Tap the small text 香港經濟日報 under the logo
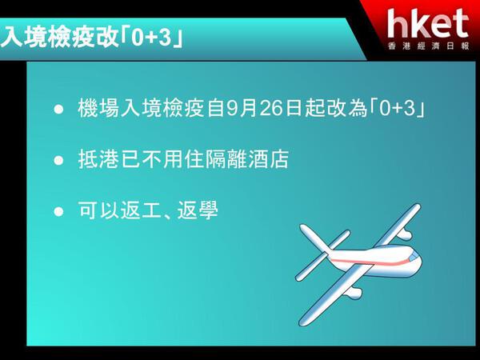(428, 46)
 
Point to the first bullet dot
(58, 110)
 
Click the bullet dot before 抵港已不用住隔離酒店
(58, 160)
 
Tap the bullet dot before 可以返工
(58, 211)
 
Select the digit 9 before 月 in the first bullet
(232, 108)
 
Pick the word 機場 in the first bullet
(98, 108)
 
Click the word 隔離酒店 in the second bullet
(246, 159)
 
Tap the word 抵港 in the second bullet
(98, 159)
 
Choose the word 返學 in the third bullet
(198, 210)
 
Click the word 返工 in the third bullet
(141, 210)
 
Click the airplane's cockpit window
(414, 257)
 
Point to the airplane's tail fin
(315, 239)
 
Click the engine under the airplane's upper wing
(404, 234)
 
